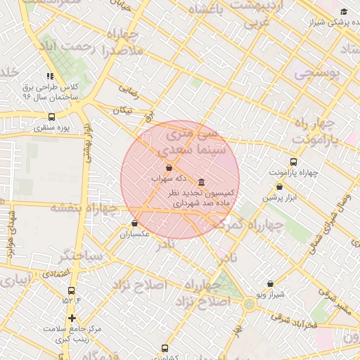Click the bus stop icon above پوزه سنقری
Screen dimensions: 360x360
[x=51, y=117]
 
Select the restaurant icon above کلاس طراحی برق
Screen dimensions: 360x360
[x=49, y=76]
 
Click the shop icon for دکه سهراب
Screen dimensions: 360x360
[x=169, y=168]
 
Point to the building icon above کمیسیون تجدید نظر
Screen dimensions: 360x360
[x=202, y=182]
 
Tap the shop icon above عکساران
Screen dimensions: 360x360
[x=134, y=223]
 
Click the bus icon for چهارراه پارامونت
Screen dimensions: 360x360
[x=293, y=162]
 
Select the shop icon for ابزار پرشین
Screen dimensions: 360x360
[x=280, y=187]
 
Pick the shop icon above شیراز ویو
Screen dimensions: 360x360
[x=270, y=283]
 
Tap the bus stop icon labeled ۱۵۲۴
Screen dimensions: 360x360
[x=71, y=290]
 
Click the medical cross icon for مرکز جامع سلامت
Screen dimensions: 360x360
[x=72, y=319]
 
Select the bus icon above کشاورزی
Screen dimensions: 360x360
[x=165, y=348]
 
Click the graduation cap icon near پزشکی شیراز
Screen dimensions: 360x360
[x=344, y=12]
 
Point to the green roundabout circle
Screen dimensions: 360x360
[x=249, y=304]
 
